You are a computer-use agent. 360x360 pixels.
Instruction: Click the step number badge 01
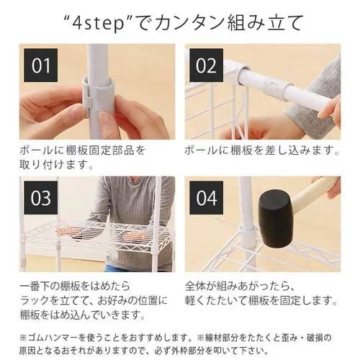coord(41,66)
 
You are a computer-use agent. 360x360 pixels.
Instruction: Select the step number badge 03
coord(41,198)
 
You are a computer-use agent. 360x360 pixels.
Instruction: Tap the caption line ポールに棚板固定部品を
coord(83,151)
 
